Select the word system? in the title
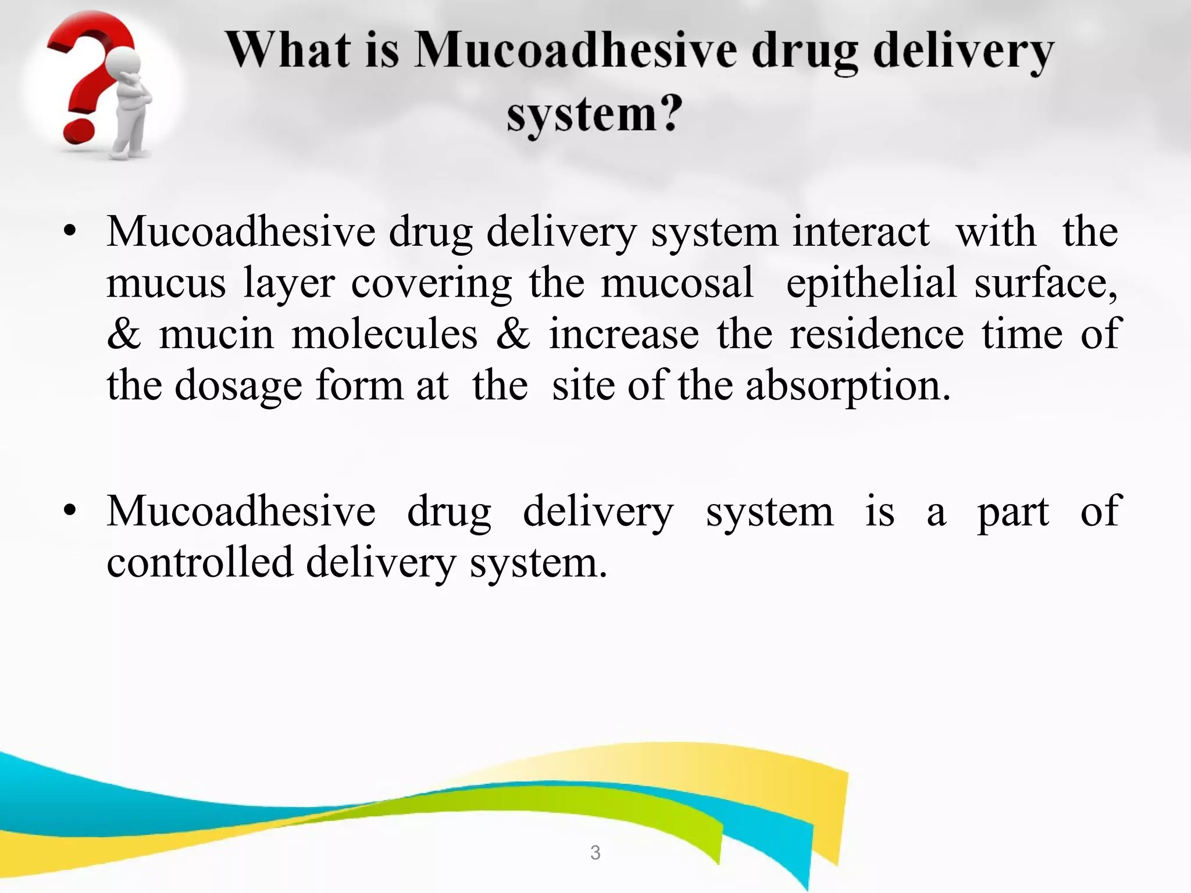click(x=594, y=114)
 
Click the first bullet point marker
click(x=70, y=232)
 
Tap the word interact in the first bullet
click(x=861, y=232)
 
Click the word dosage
click(x=238, y=386)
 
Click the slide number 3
click(x=595, y=852)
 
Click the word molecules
click(x=384, y=335)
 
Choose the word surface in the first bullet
click(x=1044, y=283)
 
